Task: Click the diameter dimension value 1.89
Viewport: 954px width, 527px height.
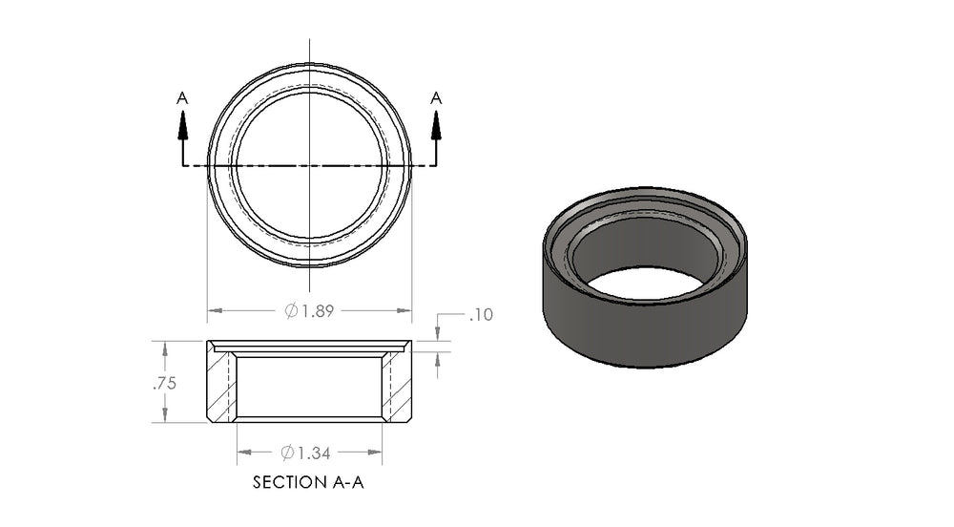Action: click(x=318, y=311)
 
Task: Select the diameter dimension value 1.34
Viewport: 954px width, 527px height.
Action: click(x=314, y=453)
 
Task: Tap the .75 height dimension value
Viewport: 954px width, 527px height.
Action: click(x=164, y=383)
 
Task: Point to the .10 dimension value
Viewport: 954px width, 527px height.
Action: click(x=481, y=315)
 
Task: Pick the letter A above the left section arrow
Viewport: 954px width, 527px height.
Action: click(x=182, y=98)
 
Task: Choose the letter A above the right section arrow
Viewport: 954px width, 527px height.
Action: click(x=436, y=98)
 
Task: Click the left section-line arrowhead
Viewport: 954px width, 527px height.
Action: click(x=182, y=127)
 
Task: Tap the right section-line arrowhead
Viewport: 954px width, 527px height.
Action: click(x=436, y=127)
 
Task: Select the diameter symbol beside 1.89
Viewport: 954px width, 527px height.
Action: click(x=291, y=311)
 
